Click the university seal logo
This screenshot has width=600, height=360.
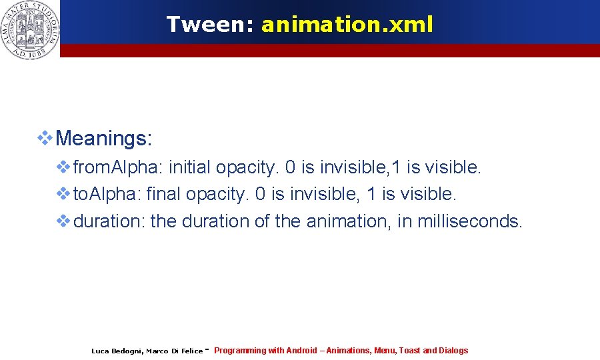click(x=30, y=29)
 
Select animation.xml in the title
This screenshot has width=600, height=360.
click(x=347, y=25)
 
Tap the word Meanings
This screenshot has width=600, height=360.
click(x=105, y=139)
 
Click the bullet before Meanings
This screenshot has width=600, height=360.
click(x=45, y=138)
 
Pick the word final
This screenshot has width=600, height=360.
click(x=163, y=194)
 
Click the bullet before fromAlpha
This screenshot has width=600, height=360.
click(x=63, y=167)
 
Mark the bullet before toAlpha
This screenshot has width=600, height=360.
click(x=63, y=194)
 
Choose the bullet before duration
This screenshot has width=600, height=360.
click(x=63, y=221)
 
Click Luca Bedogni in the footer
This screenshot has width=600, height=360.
click(x=116, y=351)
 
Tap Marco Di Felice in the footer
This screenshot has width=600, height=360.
click(x=174, y=351)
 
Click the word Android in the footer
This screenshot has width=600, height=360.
click(x=301, y=351)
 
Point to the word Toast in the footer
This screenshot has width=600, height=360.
click(x=409, y=351)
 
